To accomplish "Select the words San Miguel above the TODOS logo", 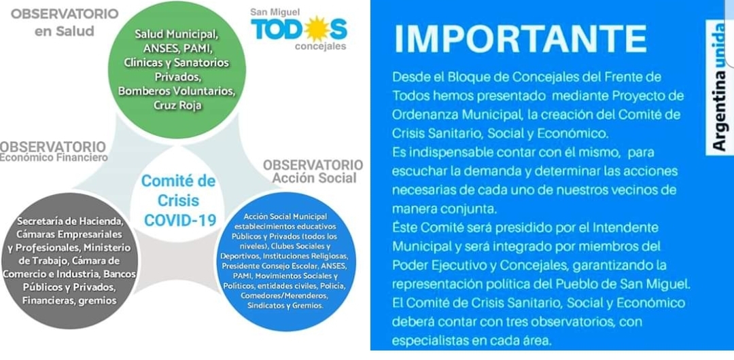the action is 275,12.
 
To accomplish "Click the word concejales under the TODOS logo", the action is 320,46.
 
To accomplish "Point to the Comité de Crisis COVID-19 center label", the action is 178,200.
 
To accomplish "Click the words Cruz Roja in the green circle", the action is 177,105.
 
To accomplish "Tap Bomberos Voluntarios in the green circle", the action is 177,91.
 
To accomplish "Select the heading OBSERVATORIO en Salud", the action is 65,22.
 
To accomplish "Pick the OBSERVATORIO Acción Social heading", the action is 313,171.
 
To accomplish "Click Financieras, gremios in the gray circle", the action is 69,300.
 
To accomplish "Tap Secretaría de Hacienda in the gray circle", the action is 70,221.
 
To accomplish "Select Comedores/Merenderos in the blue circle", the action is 285,296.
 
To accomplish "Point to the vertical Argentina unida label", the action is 720,88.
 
